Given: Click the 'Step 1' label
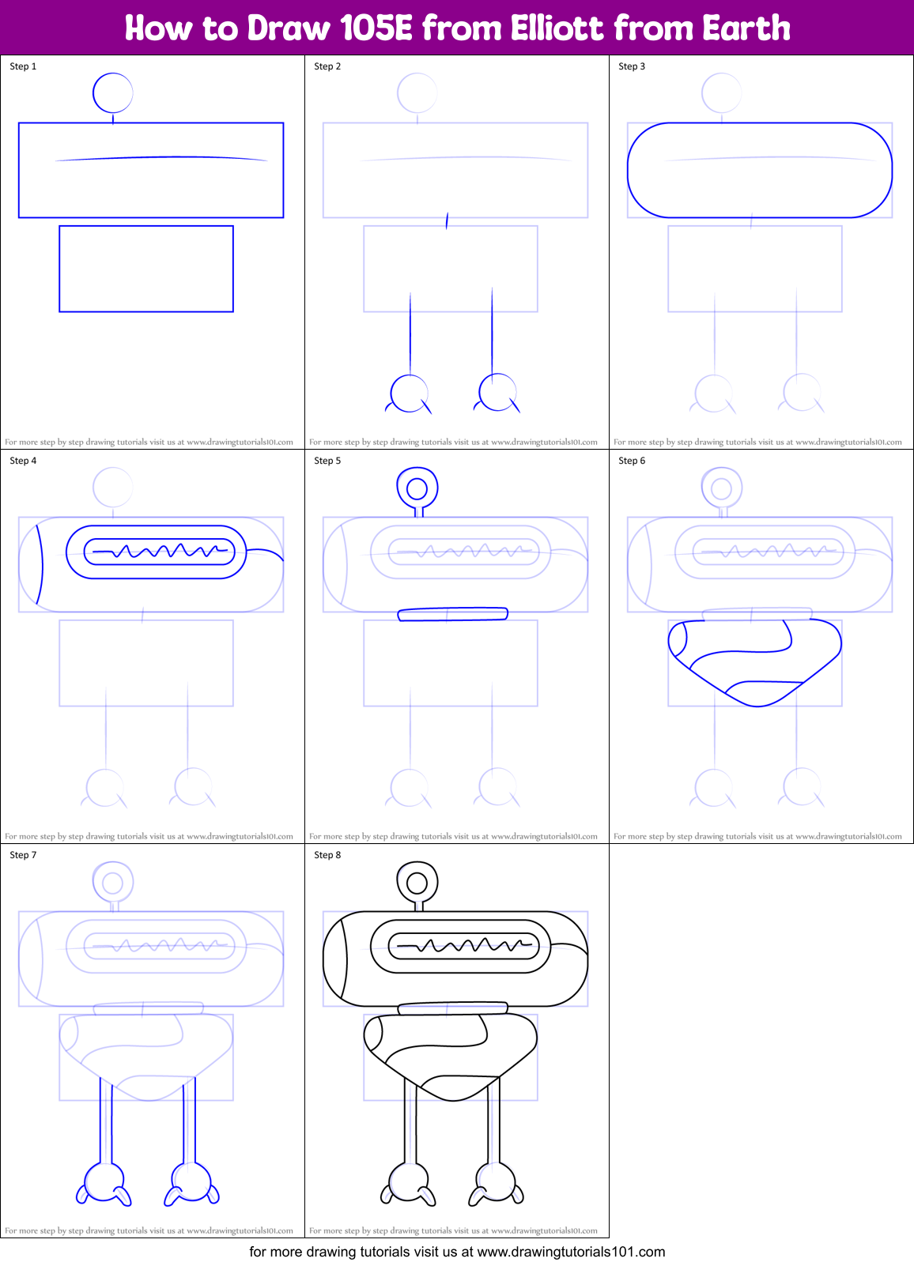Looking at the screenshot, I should (x=23, y=66).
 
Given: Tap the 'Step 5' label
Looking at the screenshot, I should (x=327, y=461).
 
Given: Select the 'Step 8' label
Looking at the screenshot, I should (x=327, y=855).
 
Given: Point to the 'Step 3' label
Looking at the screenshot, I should (x=632, y=66).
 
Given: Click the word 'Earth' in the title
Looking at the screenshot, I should (x=746, y=28).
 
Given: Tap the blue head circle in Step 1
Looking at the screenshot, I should (x=112, y=93).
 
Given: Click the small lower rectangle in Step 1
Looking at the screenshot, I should (x=146, y=269).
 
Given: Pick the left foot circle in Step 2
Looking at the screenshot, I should (x=410, y=393).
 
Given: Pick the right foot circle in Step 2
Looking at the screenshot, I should (x=498, y=393).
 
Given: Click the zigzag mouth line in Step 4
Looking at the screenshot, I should (x=161, y=551).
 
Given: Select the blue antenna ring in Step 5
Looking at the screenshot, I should (x=417, y=488).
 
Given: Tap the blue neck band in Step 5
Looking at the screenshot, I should (x=452, y=614).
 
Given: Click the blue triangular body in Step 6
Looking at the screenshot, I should (x=755, y=660).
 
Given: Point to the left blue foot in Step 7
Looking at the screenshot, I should (x=104, y=1184).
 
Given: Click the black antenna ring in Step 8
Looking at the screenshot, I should (x=417, y=882).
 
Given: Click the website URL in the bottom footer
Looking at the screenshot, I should (x=571, y=1252).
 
